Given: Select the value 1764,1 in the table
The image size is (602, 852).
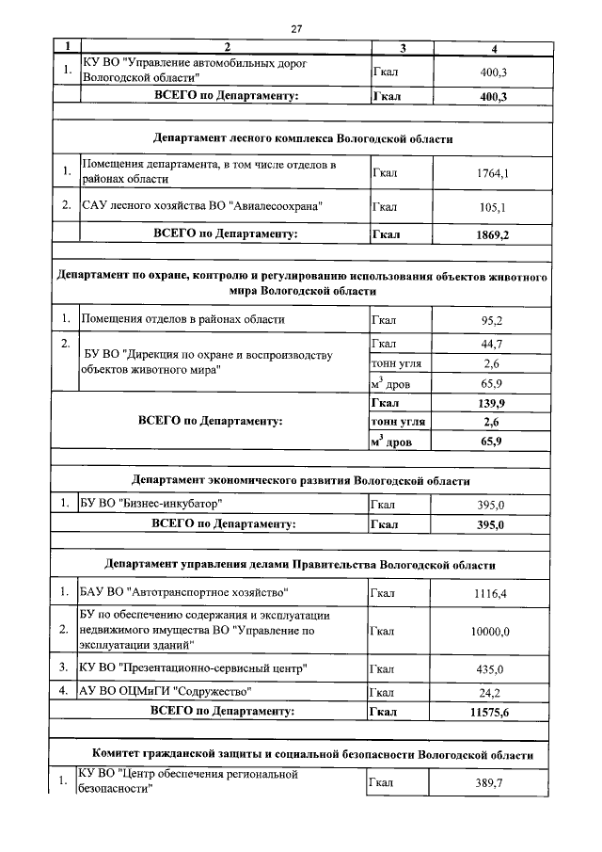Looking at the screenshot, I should tap(489, 172).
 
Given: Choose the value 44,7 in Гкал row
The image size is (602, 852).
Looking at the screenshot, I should tap(491, 344).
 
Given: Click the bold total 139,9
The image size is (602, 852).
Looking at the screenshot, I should tap(491, 403).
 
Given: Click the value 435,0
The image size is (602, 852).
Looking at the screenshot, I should tap(489, 669).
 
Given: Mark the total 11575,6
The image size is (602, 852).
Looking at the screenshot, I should tap(489, 712).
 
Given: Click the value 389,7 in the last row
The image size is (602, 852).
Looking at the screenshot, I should tap(489, 782).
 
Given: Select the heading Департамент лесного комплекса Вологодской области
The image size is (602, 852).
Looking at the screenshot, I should tap(301, 138).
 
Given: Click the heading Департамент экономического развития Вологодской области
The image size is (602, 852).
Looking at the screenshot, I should tap(301, 480).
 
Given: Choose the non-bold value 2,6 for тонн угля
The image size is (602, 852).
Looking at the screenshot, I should tap(491, 363).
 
